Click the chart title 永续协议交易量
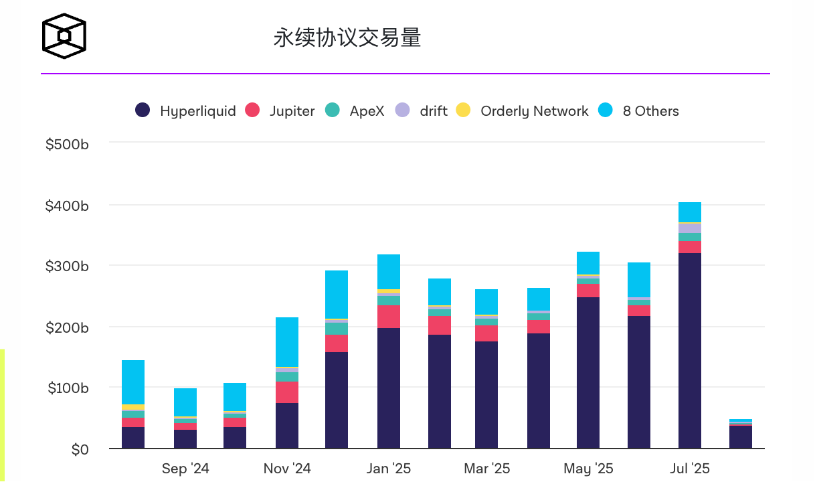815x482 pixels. point(347,37)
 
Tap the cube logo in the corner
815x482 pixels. point(64,36)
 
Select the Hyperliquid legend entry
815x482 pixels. point(186,111)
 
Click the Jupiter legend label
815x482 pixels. point(281,111)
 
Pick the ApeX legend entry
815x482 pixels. point(356,111)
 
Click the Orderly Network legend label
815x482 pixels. point(523,111)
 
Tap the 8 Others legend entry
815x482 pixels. point(640,111)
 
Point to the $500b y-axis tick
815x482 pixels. point(67,144)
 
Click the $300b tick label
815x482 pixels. point(67,266)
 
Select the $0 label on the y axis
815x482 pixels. point(80,450)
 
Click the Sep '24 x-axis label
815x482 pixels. point(185,469)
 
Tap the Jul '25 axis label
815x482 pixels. point(690,469)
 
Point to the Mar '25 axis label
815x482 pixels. point(486,469)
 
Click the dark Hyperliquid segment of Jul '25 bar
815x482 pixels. point(690,348)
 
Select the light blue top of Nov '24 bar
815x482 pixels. point(287,341)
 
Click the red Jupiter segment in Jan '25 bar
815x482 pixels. point(389,317)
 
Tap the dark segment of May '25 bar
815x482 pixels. point(588,372)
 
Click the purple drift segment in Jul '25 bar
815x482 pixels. point(690,228)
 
